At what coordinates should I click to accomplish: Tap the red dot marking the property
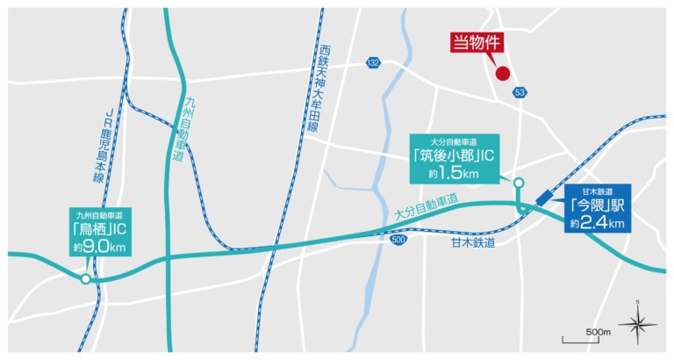pos(503,74)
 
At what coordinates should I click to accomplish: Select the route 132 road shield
pos(375,62)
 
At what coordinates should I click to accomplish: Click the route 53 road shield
pos(520,91)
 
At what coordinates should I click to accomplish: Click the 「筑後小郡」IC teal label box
pos(455,159)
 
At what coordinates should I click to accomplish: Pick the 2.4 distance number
pos(597,223)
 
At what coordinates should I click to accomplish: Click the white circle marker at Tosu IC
pos(85,279)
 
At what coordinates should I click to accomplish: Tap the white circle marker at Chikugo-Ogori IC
pos(519,184)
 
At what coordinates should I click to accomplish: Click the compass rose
pos(638,324)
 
